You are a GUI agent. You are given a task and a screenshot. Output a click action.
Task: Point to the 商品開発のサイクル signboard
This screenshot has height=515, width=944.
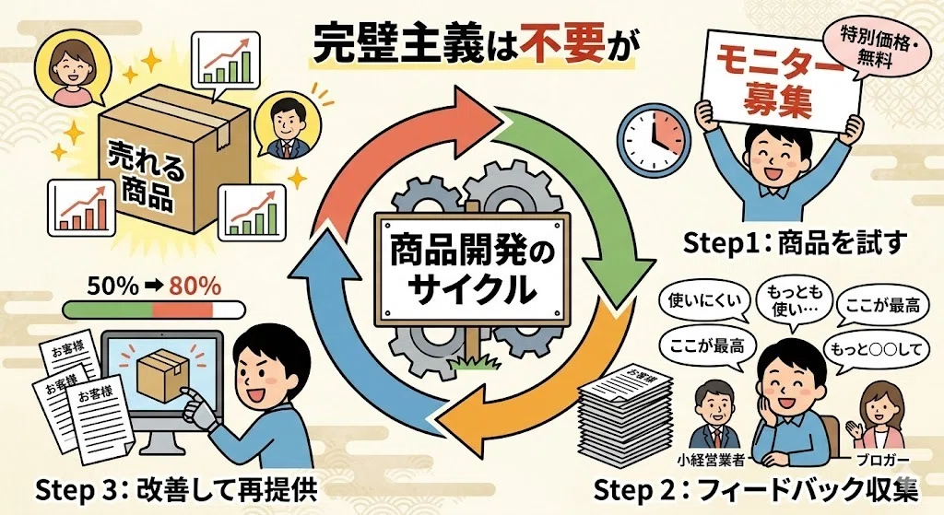472,269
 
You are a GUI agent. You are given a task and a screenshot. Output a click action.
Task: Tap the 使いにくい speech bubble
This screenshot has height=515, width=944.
703,301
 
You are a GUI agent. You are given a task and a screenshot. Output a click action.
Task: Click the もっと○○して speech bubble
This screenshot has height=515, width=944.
875,349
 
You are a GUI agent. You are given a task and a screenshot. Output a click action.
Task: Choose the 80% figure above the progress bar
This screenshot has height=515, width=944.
195,287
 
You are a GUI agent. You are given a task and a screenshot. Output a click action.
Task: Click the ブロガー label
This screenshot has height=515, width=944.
882,461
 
